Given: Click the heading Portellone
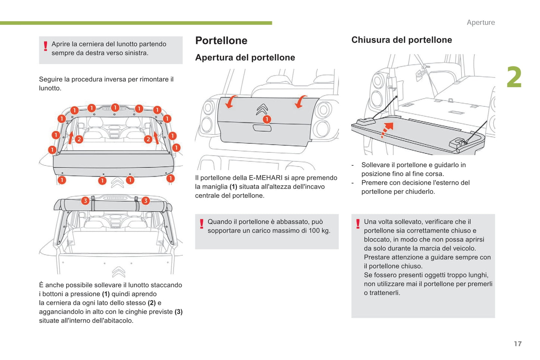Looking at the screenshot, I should [x=221, y=40].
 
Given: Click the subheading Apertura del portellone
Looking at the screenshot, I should [x=245, y=58].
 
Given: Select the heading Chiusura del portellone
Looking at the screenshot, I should [x=401, y=40].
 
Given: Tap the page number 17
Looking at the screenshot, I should [x=518, y=344].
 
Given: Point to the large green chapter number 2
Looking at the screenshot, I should [x=514, y=78].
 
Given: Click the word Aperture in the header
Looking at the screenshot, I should [x=481, y=22].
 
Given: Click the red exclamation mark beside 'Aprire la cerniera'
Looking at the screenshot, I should [x=46, y=46].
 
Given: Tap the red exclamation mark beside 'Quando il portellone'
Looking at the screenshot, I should [x=202, y=224].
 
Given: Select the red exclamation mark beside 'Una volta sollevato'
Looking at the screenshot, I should [x=358, y=224].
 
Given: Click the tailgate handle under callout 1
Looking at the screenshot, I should [x=262, y=128].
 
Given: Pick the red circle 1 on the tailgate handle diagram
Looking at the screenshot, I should [x=266, y=120].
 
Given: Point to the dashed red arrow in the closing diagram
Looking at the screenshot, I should [x=387, y=129].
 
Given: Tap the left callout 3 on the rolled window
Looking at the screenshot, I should [x=85, y=201].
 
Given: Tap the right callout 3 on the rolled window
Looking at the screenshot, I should [x=145, y=201].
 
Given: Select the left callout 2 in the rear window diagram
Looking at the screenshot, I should [x=79, y=139].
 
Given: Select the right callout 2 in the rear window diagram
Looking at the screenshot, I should [x=148, y=139].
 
